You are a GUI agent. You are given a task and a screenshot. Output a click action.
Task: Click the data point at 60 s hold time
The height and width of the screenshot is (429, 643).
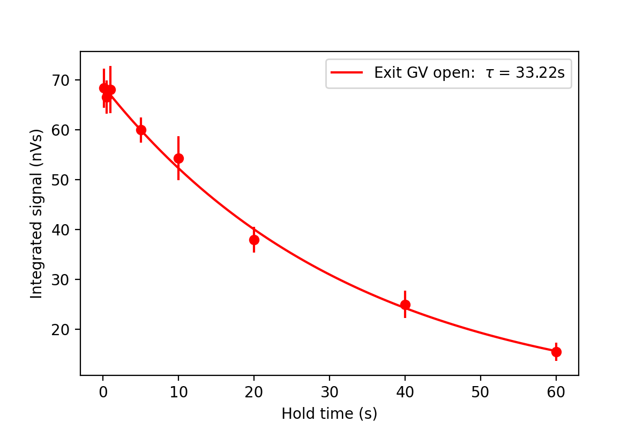[x=556, y=352]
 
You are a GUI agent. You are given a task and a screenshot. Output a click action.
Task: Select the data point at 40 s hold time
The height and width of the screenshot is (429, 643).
[x=405, y=305]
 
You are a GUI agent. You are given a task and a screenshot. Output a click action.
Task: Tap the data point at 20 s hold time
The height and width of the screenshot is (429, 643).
[x=254, y=240]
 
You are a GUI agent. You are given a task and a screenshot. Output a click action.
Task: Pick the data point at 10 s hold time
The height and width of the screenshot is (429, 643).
[x=178, y=158]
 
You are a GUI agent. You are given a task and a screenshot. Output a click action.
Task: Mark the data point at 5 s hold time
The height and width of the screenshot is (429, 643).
[x=141, y=130]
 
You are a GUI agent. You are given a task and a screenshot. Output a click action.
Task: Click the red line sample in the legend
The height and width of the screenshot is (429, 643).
[x=347, y=73]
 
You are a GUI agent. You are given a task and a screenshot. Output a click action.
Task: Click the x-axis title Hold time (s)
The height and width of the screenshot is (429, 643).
[x=329, y=414]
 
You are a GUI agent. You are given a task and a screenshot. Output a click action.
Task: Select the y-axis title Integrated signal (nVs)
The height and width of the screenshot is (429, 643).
[x=36, y=213]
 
